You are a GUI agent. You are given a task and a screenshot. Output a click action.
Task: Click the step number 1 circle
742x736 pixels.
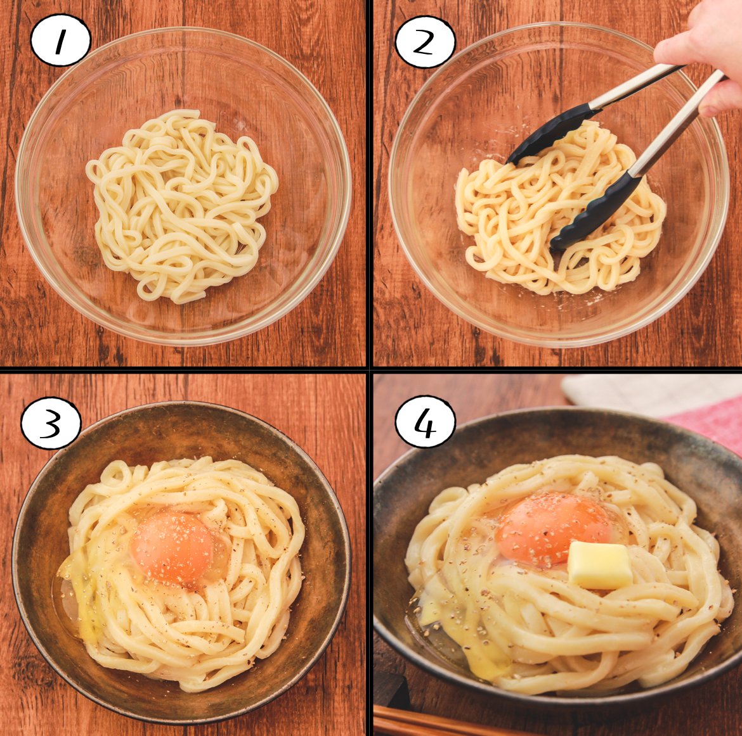tap(60, 41)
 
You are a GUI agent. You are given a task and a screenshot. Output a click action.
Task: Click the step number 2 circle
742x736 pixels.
tap(425, 42)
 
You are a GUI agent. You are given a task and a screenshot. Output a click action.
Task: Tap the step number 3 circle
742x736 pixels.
tap(51, 422)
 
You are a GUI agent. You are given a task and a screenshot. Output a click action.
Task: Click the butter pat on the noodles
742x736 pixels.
tap(599, 566)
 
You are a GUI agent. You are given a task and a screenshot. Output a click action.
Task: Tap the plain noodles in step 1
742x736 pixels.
tap(182, 205)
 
